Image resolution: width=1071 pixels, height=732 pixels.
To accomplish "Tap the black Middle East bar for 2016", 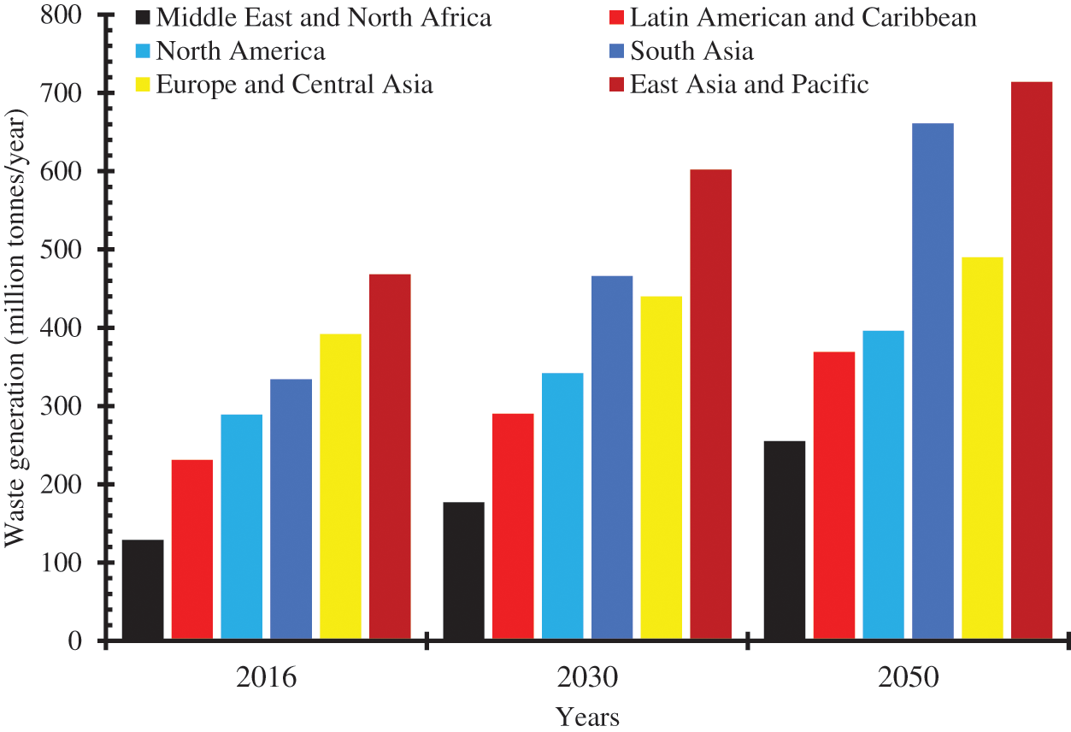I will [143, 590].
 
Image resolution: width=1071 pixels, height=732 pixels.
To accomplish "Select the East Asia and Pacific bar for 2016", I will [390, 457].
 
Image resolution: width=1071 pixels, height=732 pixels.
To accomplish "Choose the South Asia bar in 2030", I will [612, 458].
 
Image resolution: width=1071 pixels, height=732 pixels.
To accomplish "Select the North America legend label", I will [241, 51].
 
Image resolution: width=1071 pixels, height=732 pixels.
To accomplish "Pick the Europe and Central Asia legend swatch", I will [143, 86].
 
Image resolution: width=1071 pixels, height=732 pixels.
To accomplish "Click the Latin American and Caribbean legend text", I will [803, 17].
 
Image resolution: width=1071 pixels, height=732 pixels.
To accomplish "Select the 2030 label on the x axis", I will [586, 679].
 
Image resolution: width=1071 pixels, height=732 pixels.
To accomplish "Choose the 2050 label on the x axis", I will [908, 679].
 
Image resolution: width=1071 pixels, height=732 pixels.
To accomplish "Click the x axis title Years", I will [587, 717].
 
